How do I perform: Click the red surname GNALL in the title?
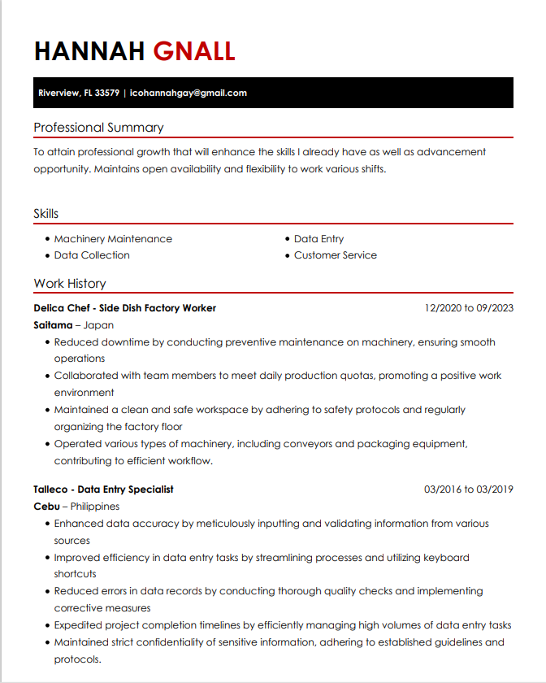(194, 51)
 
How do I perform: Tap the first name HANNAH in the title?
(89, 51)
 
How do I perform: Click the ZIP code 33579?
(107, 93)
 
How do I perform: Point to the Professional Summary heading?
(98, 128)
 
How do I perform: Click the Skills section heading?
(46, 214)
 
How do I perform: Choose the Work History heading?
(70, 284)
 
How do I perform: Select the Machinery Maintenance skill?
(113, 239)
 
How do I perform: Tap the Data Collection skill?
(92, 255)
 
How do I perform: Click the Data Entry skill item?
(318, 239)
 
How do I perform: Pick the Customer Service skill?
(336, 255)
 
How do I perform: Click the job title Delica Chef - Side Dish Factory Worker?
(125, 308)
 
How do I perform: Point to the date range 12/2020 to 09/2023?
(469, 308)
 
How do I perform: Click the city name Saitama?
(53, 325)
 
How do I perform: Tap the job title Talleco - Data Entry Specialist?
(104, 489)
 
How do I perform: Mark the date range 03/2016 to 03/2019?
(469, 489)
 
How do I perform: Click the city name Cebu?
(46, 507)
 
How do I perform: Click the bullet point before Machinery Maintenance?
(48, 240)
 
